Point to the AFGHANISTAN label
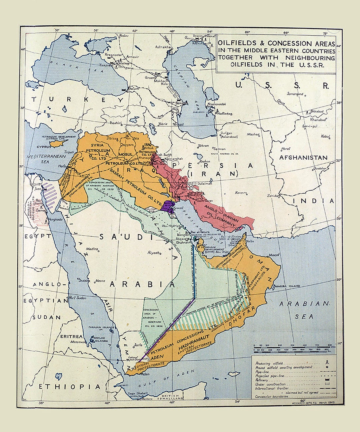pyautogui.click(x=303, y=157)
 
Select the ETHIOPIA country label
pyautogui.click(x=69, y=386)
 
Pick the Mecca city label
pyautogui.click(x=100, y=281)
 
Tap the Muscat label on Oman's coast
pyautogui.click(x=274, y=255)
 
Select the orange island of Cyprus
pyautogui.click(x=59, y=143)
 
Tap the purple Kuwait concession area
pyautogui.click(x=169, y=207)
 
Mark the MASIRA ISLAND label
pyautogui.click(x=287, y=286)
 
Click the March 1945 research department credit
pyautogui.click(x=313, y=403)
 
